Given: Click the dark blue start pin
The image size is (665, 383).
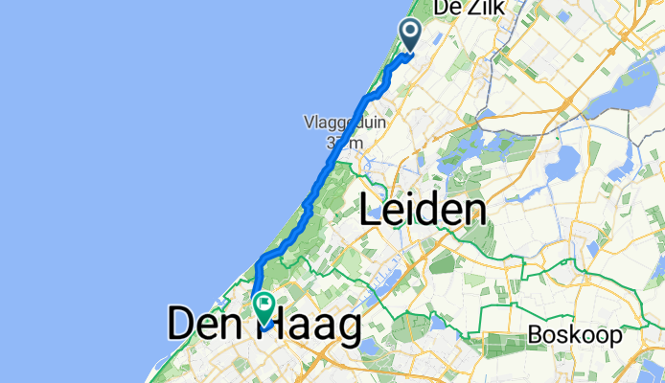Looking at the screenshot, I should [410, 34].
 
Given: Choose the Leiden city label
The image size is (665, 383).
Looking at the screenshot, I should [422, 210].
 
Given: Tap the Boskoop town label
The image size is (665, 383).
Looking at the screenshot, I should [573, 336].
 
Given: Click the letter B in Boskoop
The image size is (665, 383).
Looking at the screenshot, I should [534, 336].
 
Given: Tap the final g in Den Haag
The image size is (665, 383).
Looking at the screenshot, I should [346, 327].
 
